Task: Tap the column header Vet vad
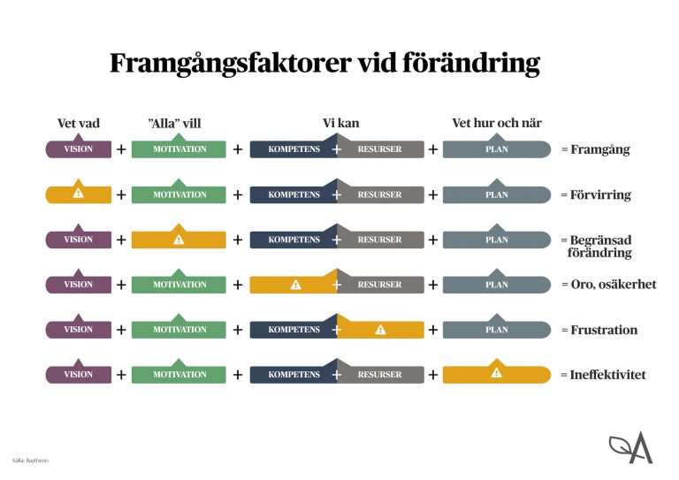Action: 78,124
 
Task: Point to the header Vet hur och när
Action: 496,124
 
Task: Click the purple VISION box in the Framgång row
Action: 78,149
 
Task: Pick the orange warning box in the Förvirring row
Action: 78,194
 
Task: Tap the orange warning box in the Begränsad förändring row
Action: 179,240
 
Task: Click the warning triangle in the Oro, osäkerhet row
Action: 295,285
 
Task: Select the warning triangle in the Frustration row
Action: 380,330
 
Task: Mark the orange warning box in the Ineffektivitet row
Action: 496,374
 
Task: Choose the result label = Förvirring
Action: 596,194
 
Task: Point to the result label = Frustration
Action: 599,330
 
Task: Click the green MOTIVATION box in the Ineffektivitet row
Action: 179,375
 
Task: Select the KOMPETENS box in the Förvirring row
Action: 293,194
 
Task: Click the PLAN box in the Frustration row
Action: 496,330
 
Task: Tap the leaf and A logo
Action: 630,448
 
